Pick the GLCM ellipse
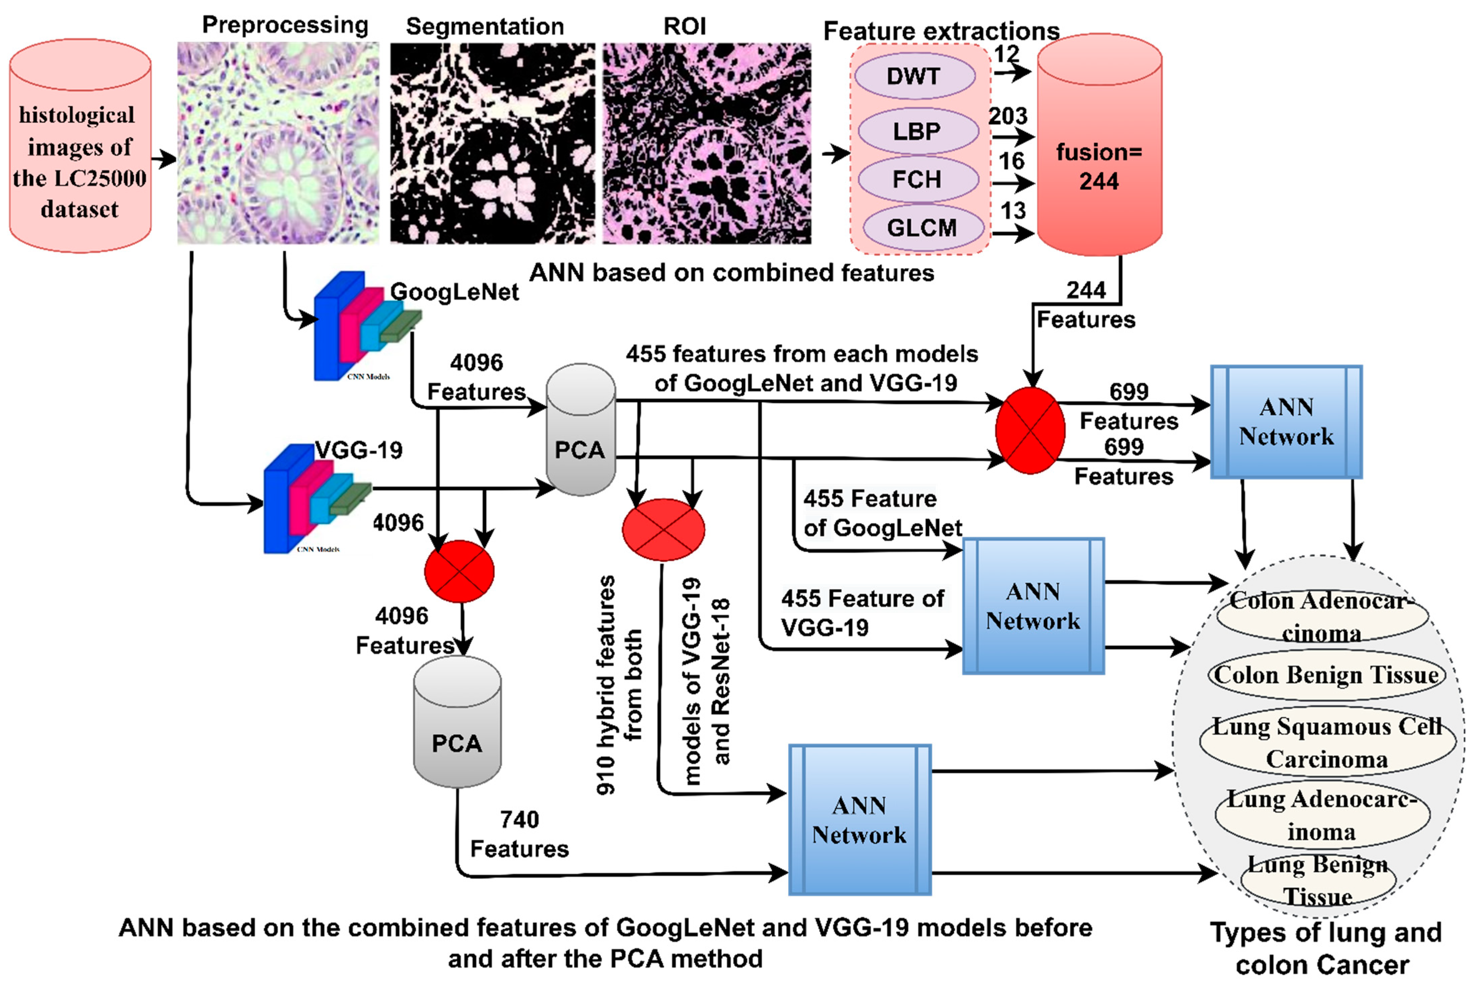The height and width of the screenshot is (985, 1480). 922,228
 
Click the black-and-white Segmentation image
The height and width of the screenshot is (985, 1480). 492,143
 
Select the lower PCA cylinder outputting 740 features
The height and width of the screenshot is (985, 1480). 457,723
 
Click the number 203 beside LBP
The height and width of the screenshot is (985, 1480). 1008,116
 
